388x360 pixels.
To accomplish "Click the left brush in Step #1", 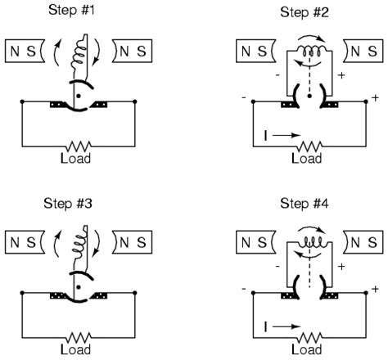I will pos(60,104).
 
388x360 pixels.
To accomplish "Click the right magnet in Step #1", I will pos(132,50).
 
